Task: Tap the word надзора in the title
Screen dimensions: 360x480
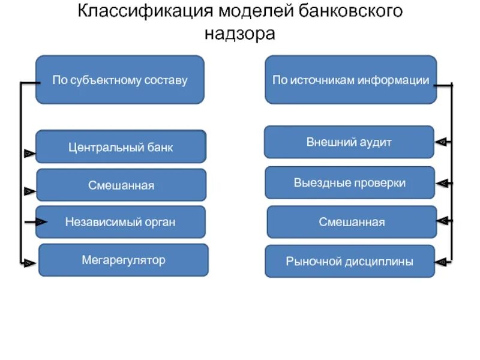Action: coord(240,34)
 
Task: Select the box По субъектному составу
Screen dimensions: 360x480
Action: coord(120,80)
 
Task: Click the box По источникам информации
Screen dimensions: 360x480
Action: coord(350,80)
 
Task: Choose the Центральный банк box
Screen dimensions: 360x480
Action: coord(121,147)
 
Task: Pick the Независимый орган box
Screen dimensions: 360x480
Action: coord(121,222)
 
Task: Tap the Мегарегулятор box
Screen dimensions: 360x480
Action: coord(124,260)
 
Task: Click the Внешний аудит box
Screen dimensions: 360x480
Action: coord(349,142)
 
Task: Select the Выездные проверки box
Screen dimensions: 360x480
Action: coord(350,182)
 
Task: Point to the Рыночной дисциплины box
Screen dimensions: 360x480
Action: coord(350,261)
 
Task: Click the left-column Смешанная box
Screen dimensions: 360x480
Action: coord(121,185)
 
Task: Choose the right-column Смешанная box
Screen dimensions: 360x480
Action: coord(352,222)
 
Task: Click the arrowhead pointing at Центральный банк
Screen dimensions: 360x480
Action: coord(29,154)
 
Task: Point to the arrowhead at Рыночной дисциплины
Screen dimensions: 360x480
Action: coord(442,262)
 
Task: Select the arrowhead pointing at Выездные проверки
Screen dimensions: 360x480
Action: coord(443,182)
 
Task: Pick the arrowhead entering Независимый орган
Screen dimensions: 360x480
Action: coord(40,222)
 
